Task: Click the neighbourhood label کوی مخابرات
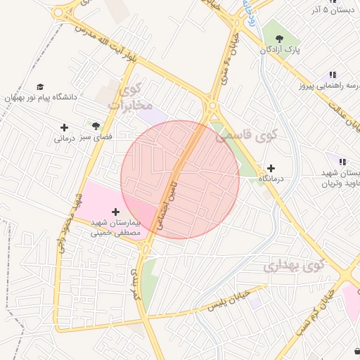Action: coord(131,98)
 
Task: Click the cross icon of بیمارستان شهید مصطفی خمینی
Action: coord(116,211)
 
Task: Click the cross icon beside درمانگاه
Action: coord(271,168)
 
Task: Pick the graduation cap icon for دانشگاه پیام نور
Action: coord(39,86)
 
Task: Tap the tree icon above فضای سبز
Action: coord(96,126)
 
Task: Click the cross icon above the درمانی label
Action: coord(65,127)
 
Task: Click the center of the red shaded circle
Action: coord(180,179)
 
